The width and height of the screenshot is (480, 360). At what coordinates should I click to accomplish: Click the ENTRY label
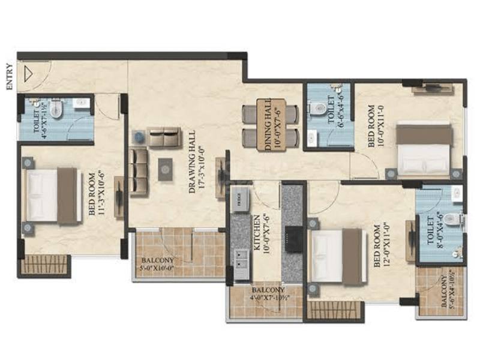9,76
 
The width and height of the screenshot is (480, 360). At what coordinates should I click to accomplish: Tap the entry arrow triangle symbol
27,73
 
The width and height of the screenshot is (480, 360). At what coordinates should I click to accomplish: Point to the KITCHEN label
259,234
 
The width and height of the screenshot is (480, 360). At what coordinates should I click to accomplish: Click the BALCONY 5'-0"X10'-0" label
158,265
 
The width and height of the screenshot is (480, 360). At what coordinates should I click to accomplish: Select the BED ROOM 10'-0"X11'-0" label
374,127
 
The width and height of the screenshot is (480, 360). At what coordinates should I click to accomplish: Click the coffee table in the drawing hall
164,169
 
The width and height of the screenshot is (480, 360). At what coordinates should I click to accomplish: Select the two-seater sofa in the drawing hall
164,137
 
